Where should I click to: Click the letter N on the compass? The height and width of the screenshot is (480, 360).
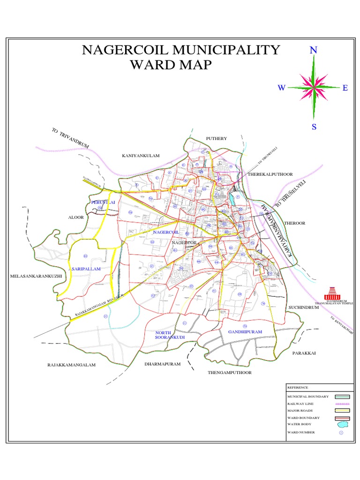pos(314,51)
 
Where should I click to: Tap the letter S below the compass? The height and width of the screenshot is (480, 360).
pos(314,127)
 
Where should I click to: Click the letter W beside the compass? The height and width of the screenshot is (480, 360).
pos(282,88)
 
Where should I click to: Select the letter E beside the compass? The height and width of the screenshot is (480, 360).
pos(345,88)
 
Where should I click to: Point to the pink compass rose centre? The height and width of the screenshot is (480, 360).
pos(314,87)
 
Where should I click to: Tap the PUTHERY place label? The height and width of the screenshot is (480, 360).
pos(216,139)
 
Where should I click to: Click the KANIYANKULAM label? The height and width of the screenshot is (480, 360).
pos(141,155)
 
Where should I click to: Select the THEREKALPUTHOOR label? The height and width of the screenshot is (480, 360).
pos(270,174)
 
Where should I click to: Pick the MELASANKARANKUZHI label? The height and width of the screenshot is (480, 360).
pos(36,277)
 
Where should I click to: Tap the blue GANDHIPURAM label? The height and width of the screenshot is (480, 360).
pos(245,332)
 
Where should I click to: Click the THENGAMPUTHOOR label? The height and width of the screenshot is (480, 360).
pos(230,373)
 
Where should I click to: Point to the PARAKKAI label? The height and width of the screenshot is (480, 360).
pos(301,352)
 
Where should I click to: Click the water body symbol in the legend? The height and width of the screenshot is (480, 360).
pos(343,424)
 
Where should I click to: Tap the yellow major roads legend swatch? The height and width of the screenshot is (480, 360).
pos(342,411)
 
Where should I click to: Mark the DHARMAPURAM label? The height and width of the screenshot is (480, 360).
pos(162,363)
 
